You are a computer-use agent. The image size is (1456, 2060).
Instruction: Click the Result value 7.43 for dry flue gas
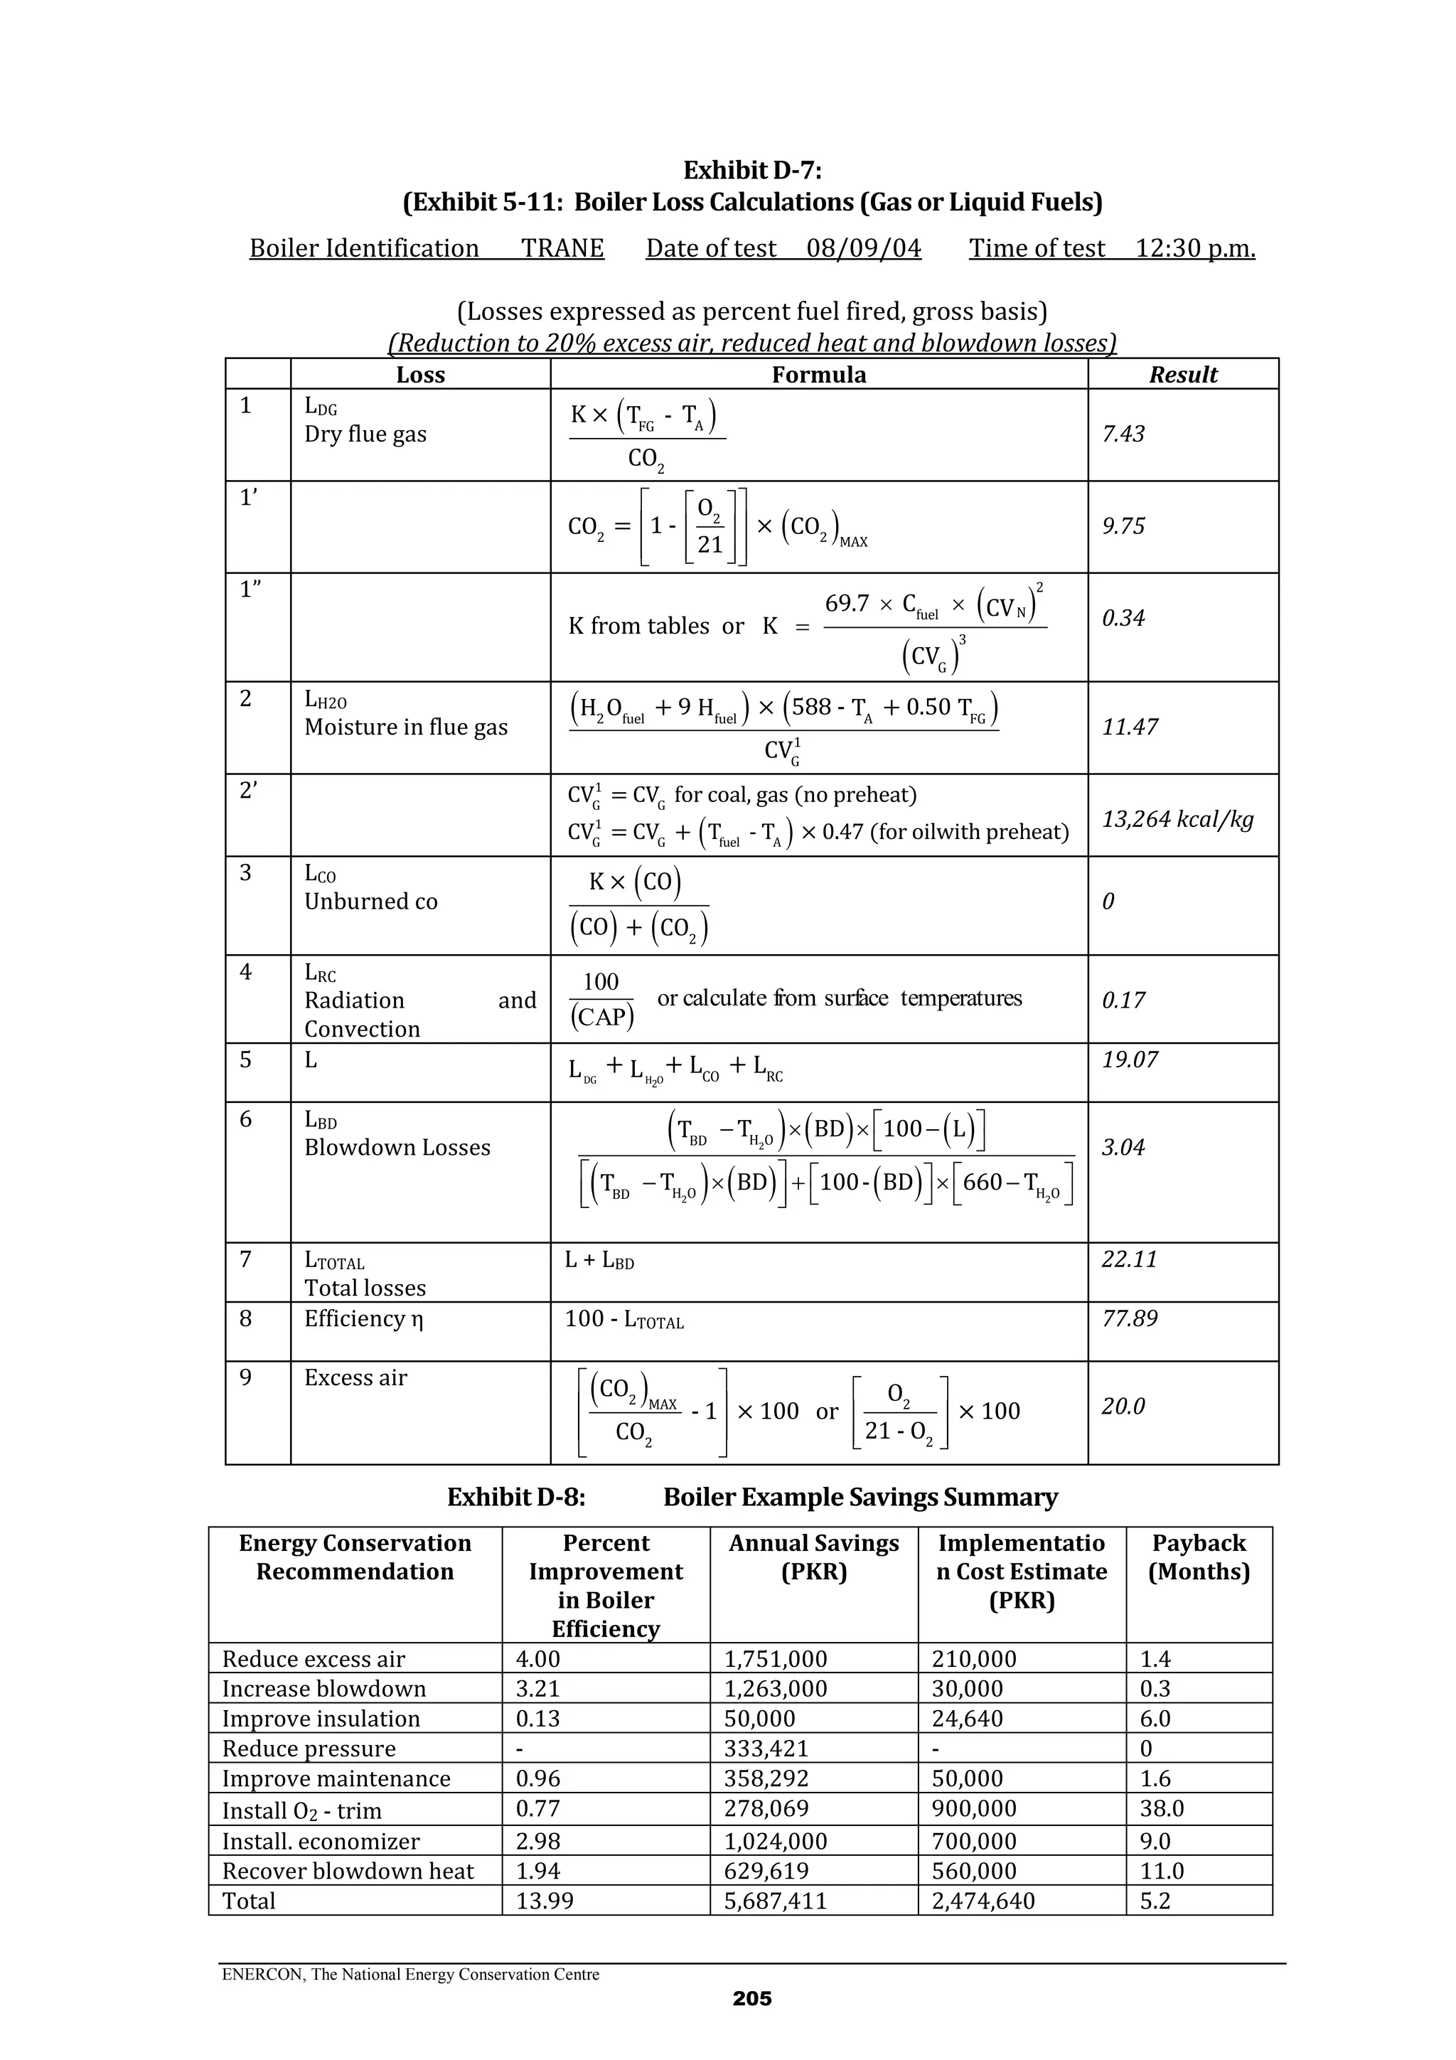[1123, 434]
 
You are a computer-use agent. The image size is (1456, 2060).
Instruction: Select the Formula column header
[818, 375]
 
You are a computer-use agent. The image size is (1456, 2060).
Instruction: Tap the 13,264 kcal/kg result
[1177, 819]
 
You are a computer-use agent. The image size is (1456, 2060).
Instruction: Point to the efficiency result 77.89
[1130, 1318]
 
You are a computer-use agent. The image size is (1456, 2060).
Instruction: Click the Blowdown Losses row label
[397, 1148]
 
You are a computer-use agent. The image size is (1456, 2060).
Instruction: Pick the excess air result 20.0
[1123, 1406]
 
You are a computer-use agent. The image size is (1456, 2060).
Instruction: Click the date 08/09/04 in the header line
[863, 249]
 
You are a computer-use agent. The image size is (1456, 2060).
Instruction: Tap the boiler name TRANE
[562, 249]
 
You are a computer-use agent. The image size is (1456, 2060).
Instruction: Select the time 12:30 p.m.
[1195, 249]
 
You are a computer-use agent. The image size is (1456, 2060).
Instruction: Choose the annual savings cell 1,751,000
[775, 1659]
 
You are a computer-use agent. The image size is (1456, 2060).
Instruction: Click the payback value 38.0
[1162, 1809]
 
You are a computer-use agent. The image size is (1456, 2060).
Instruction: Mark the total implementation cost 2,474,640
[983, 1901]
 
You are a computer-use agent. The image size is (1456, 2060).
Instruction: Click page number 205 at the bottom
[751, 1998]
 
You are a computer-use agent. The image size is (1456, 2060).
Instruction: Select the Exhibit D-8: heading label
[516, 1498]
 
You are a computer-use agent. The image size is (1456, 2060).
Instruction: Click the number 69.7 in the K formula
[847, 604]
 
